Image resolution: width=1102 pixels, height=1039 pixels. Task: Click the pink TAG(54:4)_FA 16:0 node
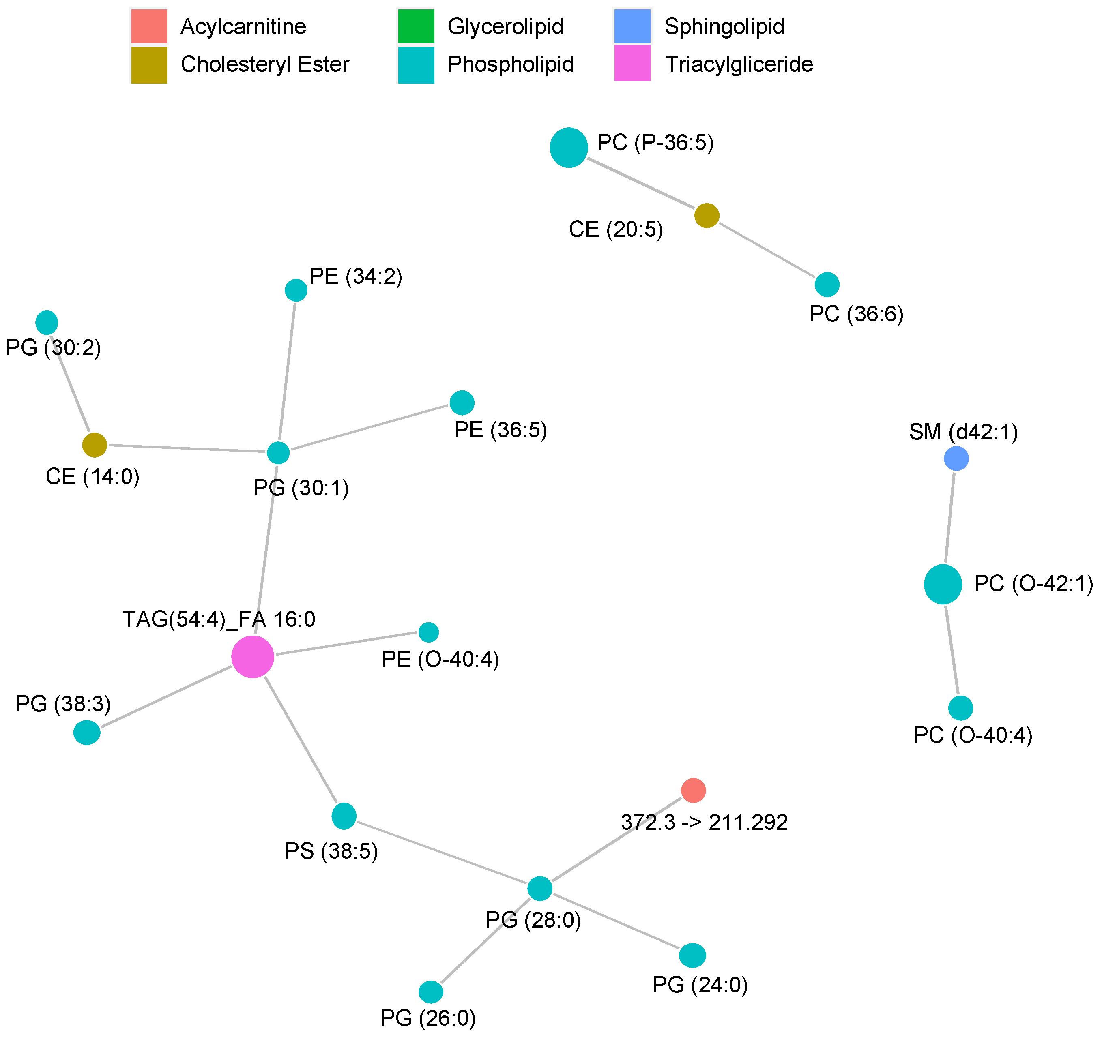pyautogui.click(x=252, y=657)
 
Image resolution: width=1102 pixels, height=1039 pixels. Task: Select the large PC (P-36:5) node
pyautogui.click(x=569, y=148)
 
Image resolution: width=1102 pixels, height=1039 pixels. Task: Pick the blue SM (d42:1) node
pyautogui.click(x=956, y=458)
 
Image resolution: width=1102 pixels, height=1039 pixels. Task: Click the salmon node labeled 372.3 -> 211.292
pyautogui.click(x=693, y=790)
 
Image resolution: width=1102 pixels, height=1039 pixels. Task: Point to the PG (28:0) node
pyautogui.click(x=539, y=889)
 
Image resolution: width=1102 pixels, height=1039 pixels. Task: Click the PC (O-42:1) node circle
pyautogui.click(x=943, y=584)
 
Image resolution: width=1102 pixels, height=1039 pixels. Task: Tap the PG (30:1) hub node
pyautogui.click(x=278, y=453)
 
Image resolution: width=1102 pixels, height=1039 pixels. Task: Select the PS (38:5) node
pyautogui.click(x=344, y=816)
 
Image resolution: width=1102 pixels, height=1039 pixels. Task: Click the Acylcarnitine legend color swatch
pyautogui.click(x=148, y=26)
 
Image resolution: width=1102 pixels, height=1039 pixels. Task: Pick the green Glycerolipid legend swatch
pyautogui.click(x=416, y=26)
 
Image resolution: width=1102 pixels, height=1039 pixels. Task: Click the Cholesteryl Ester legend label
pyautogui.click(x=264, y=64)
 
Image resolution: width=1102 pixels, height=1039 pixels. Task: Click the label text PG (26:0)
pyautogui.click(x=428, y=1018)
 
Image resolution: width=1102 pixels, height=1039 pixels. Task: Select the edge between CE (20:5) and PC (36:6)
pyautogui.click(x=767, y=250)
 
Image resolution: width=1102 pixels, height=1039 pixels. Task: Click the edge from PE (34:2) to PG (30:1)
pyautogui.click(x=287, y=371)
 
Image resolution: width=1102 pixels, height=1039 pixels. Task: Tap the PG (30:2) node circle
pyautogui.click(x=47, y=322)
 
